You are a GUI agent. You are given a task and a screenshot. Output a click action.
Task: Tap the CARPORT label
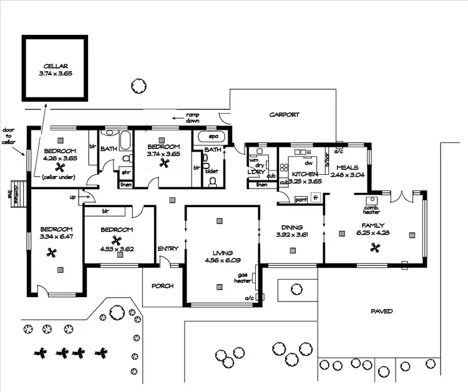point(284,115)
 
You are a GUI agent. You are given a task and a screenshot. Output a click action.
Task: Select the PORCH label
point(162,286)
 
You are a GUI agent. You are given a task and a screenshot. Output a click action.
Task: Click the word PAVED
point(381,311)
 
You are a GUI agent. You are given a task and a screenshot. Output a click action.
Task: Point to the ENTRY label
point(168,248)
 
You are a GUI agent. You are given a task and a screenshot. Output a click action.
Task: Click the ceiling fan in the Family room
point(375,247)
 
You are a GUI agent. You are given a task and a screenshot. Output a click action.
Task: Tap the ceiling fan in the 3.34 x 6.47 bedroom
point(52,253)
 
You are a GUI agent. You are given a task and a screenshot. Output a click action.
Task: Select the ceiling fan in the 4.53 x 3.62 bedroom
point(115,240)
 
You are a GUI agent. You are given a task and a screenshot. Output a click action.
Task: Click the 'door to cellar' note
point(8,136)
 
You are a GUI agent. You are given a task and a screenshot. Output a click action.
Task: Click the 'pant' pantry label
point(301,199)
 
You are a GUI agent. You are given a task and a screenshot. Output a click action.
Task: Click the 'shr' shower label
point(125,172)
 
